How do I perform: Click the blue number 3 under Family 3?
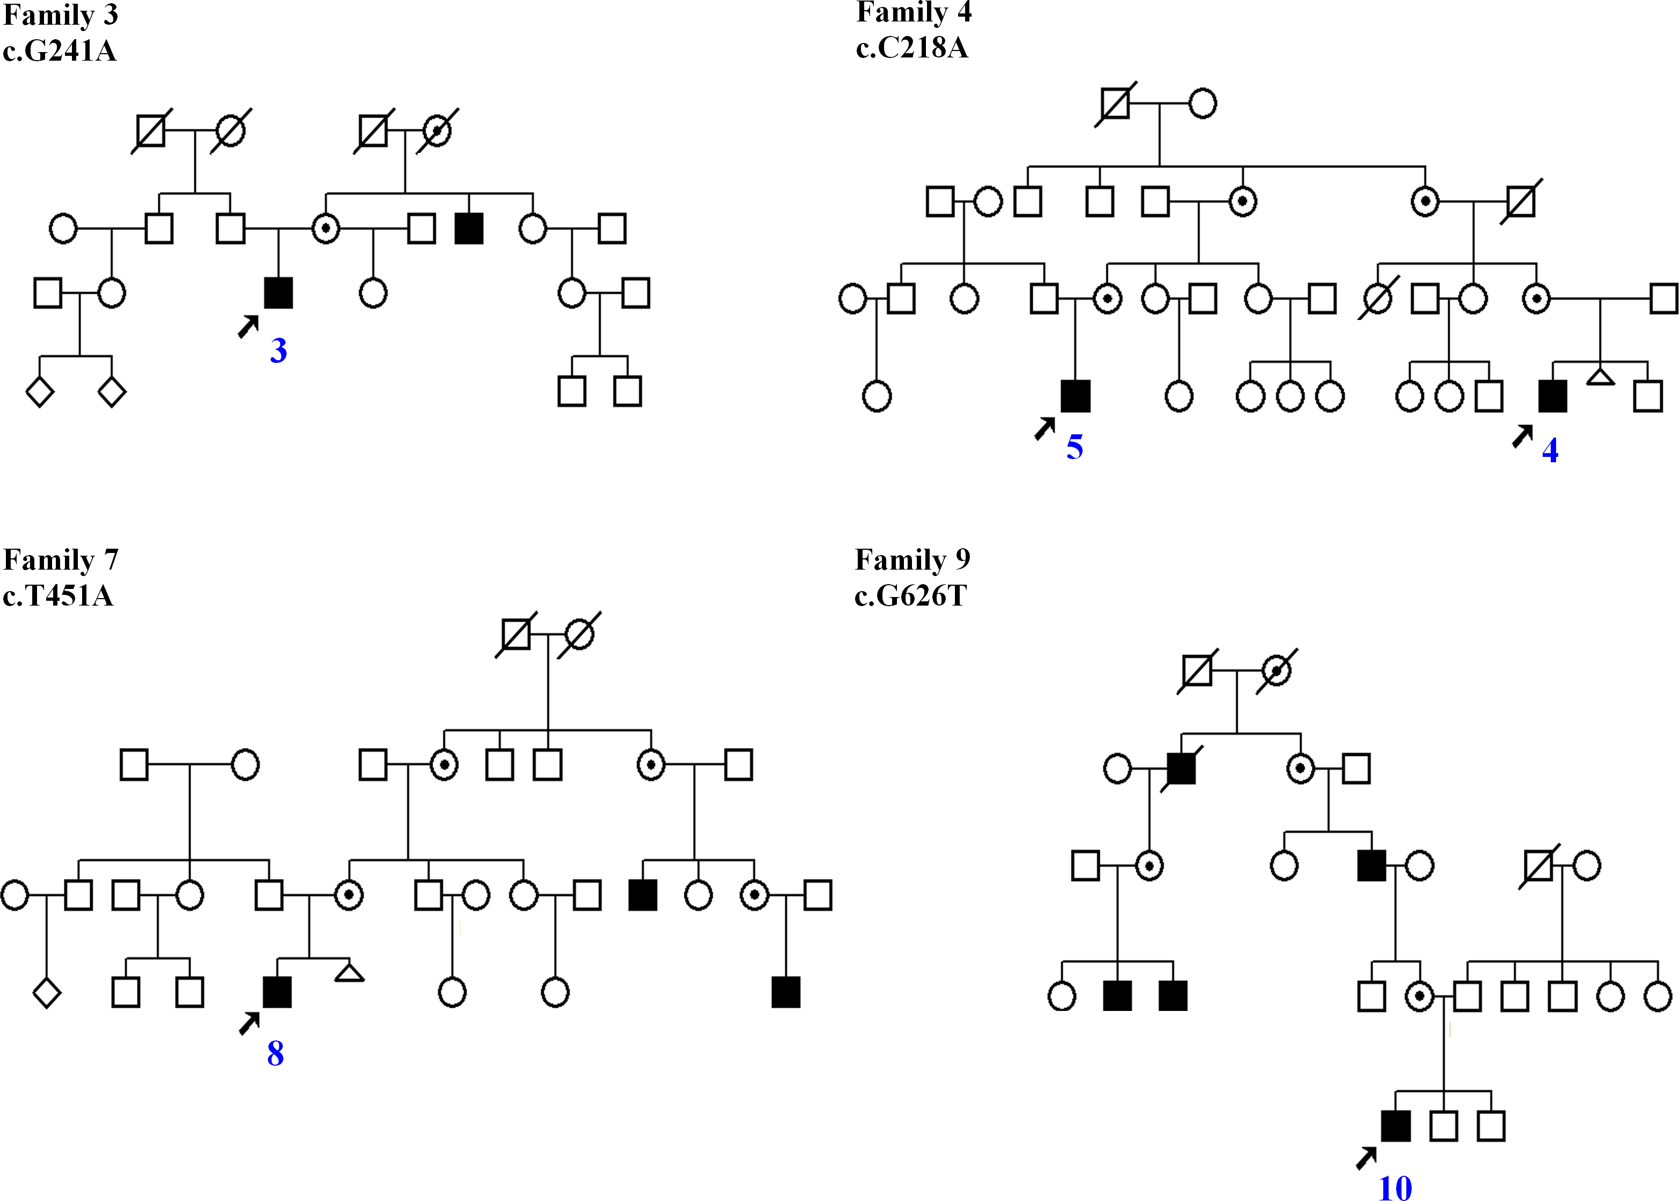(278, 351)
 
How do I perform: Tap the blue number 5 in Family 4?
(1074, 447)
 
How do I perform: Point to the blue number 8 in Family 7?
(275, 1054)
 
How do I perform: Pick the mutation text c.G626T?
(910, 595)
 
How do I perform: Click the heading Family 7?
(61, 560)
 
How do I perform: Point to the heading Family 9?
(912, 560)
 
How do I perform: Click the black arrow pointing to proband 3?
(249, 326)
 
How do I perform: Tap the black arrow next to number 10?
(1366, 1158)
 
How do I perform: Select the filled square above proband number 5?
(1075, 396)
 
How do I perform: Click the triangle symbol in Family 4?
(1601, 378)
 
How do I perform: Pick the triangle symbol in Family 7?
(349, 973)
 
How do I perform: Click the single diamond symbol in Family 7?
(47, 993)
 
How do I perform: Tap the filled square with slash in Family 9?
(1181, 768)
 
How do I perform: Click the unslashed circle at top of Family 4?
(1203, 104)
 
